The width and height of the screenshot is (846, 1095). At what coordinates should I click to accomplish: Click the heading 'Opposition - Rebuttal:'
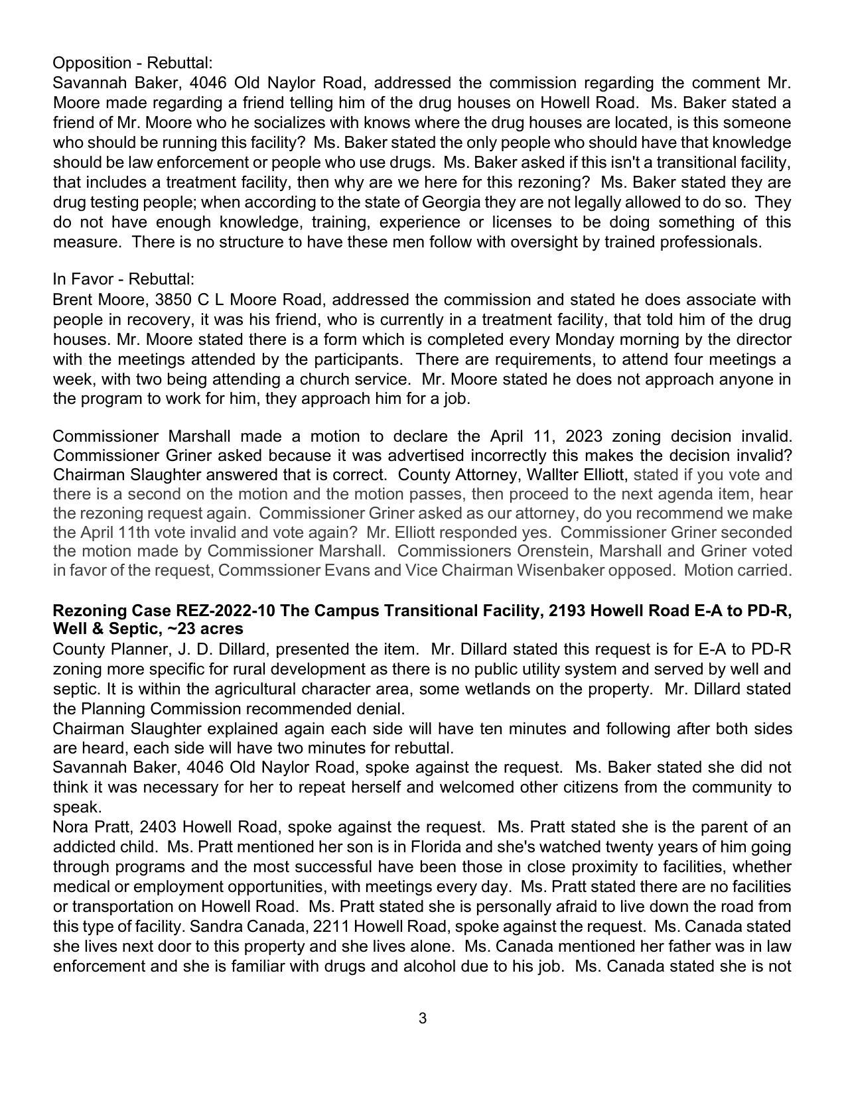pyautogui.click(x=133, y=63)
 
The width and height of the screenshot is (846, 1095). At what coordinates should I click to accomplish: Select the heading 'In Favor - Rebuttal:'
pyautogui.click(x=123, y=279)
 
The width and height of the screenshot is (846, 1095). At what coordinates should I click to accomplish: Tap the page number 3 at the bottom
pyautogui.click(x=423, y=1018)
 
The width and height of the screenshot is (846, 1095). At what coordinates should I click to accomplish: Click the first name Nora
pyautogui.click(x=69, y=827)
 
